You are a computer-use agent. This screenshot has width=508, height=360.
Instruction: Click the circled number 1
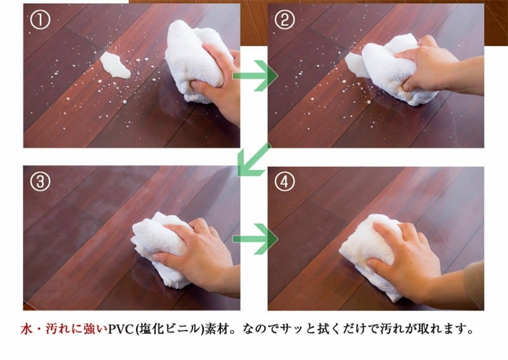(x=39, y=20)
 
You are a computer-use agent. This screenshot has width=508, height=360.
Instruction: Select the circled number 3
(x=39, y=182)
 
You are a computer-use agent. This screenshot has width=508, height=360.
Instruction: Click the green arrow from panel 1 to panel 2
(x=256, y=76)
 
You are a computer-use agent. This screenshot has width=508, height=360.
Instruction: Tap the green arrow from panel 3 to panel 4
(x=256, y=239)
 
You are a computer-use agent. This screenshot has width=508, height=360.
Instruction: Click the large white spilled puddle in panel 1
(x=115, y=65)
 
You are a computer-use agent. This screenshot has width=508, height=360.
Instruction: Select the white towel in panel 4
(x=368, y=254)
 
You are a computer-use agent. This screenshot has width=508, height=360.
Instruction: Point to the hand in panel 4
(x=406, y=254)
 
